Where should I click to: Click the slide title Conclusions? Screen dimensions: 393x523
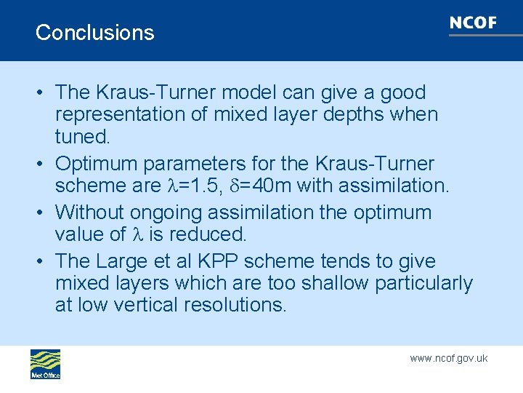tap(94, 33)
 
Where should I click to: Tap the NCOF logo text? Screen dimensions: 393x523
tap(473, 23)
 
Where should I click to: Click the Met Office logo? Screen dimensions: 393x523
tap(45, 364)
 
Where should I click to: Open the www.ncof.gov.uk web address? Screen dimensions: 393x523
tap(448, 358)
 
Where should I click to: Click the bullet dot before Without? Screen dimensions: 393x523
tap(41, 213)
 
